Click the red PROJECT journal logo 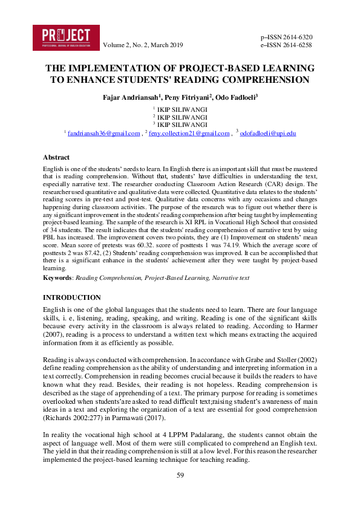coord(66,37)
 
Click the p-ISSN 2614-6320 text coord(286,37)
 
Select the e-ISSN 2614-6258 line coord(286,45)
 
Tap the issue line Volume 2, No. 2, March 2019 coord(143,45)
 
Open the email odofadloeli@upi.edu coord(268,133)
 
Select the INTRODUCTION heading coord(72,297)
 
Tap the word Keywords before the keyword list coord(59,278)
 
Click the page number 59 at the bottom coord(180,476)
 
